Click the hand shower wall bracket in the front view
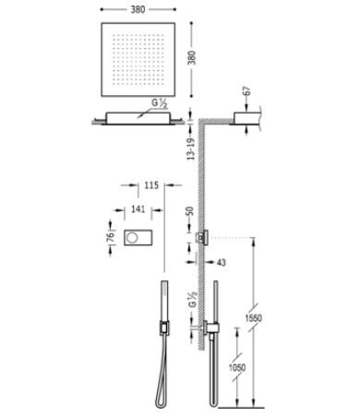click(x=162, y=326)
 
